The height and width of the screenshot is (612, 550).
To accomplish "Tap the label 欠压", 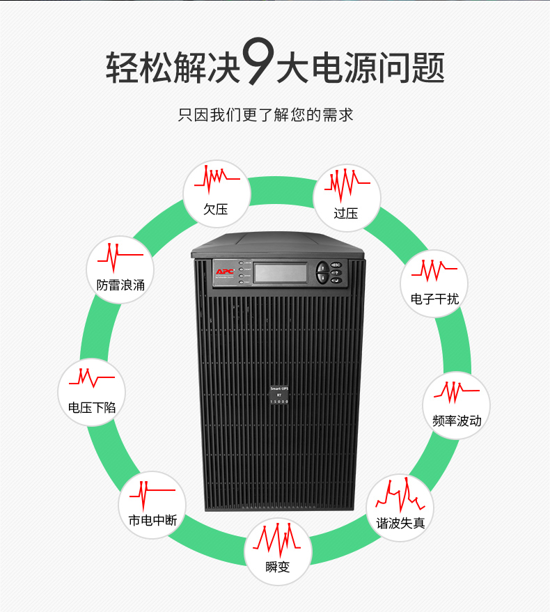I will [x=215, y=209].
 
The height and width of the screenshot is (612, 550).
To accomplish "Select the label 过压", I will [x=346, y=213].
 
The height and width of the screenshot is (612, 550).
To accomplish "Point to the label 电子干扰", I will [x=434, y=299].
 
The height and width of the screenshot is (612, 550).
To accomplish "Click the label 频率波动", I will [x=457, y=421].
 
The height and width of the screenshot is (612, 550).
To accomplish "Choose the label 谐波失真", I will [x=400, y=523].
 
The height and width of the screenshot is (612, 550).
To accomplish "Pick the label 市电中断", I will [x=152, y=520].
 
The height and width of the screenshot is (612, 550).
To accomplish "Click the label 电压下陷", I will [x=92, y=407].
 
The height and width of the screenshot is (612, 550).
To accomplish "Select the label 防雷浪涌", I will [x=121, y=285].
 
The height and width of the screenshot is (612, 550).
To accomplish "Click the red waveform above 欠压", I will [x=217, y=179].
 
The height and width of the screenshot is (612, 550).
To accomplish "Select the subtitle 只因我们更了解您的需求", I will [x=266, y=115].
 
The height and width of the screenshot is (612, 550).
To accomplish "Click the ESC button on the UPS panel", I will [x=336, y=265].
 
